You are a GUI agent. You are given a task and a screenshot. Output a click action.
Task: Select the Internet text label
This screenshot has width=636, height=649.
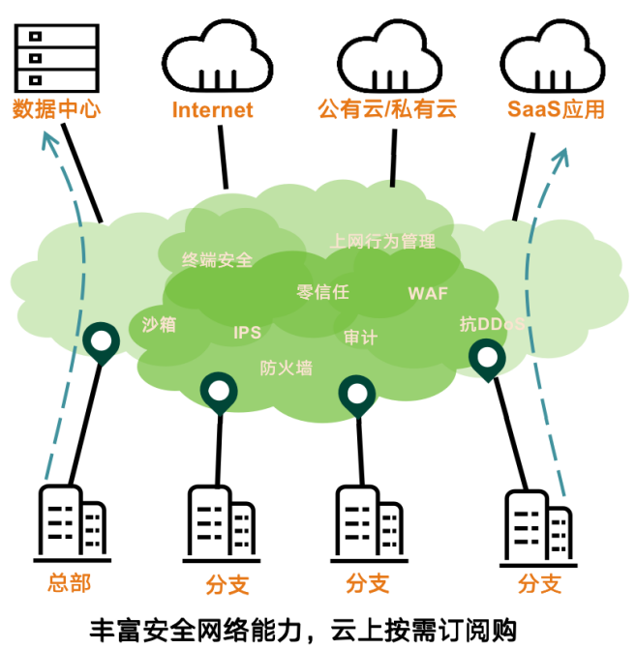[212, 109]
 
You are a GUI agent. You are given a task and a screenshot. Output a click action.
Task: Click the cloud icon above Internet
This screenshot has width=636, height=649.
[216, 56]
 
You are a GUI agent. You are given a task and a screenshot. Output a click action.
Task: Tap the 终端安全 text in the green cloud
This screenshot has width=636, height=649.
[218, 259]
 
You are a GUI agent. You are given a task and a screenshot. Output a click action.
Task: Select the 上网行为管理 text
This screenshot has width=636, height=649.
[382, 241]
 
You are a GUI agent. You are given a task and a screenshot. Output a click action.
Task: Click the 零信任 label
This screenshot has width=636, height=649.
[322, 291]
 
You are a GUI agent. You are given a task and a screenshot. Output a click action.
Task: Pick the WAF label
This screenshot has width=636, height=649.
[428, 292]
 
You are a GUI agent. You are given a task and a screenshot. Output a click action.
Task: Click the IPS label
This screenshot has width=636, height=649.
[247, 333]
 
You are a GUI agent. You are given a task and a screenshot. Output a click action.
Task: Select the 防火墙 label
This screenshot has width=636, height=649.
[286, 368]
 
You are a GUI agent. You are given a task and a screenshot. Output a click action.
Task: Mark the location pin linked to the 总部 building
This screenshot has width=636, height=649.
[100, 341]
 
